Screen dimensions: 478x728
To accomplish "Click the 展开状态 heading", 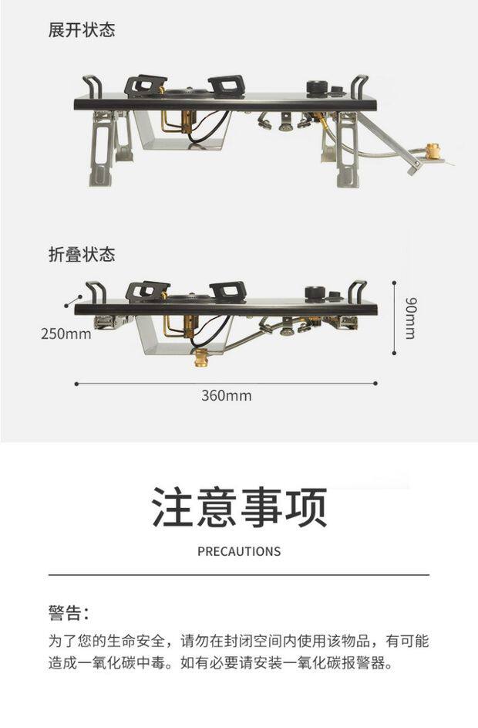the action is click(81, 31).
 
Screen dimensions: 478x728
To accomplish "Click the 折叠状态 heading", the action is click(81, 255).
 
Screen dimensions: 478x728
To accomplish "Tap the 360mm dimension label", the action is click(226, 396).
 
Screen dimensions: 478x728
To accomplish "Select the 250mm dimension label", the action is click(66, 334).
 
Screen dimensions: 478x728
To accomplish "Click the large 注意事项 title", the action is click(239, 507).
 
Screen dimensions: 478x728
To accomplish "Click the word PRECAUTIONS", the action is click(239, 551).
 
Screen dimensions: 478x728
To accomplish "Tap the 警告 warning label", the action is click(68, 614).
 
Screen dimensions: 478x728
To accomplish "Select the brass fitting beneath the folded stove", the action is click(203, 357).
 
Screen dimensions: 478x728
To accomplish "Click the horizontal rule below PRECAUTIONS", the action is click(239, 575).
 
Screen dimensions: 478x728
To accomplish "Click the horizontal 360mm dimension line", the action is click(226, 382).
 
